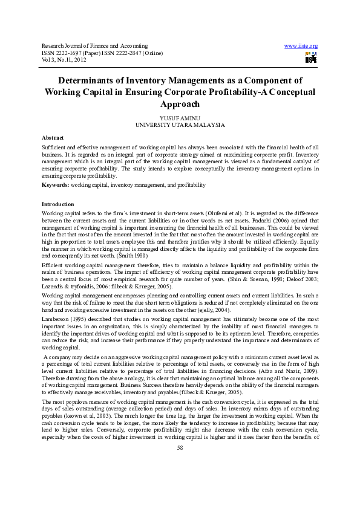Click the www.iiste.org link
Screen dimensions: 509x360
pos(301,46)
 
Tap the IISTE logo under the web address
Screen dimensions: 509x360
pos(311,58)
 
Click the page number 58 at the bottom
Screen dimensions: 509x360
pos(180,481)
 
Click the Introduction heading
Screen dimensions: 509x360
pos(57,204)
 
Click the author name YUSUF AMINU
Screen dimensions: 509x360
pos(180,118)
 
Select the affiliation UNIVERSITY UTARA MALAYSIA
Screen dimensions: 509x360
pos(180,125)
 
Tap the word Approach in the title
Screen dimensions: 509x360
pos(180,104)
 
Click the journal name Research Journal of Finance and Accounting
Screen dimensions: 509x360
pos(94,46)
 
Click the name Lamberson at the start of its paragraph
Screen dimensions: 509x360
pos(55,317)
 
